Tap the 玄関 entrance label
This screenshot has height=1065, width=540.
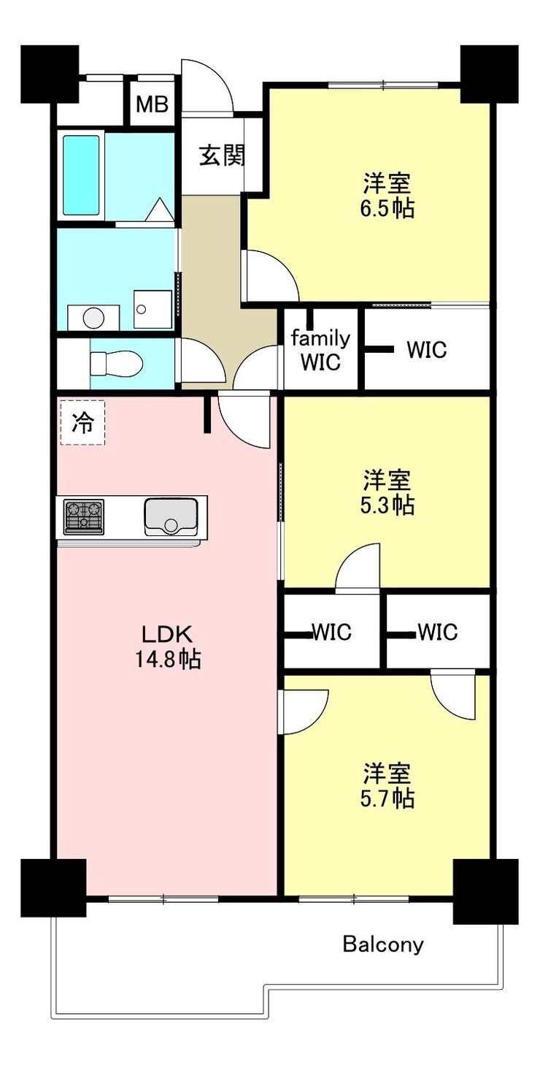point(222,155)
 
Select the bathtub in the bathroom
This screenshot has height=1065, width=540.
point(81,175)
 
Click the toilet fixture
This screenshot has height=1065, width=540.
point(116,364)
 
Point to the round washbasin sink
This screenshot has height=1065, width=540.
point(93,318)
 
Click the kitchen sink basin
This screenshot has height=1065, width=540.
point(171,516)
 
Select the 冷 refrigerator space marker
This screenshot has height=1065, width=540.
point(82,423)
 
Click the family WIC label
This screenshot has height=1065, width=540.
point(320,351)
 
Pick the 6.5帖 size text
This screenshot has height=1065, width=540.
point(387,208)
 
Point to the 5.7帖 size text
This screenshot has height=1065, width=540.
point(387,798)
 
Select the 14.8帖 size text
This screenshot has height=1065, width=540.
point(168,660)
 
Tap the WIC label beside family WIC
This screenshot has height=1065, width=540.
point(426,350)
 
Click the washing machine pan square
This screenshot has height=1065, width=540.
point(153,309)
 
